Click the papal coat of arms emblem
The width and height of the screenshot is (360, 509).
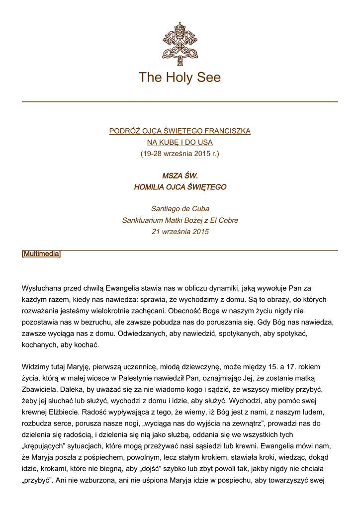[x=180, y=43]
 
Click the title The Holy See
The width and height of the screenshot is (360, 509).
[x=180, y=78]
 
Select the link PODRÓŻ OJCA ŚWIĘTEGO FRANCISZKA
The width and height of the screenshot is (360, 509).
[x=180, y=131]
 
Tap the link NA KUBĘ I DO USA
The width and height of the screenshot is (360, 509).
[x=180, y=142]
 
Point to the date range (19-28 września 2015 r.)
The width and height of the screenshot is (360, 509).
[x=180, y=154]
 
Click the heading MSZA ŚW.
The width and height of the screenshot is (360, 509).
[x=180, y=176]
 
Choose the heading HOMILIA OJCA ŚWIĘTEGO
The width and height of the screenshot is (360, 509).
[x=180, y=187]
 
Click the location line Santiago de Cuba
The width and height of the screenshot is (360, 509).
[x=180, y=209]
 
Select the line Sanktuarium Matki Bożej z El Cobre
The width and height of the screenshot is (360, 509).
[x=180, y=220]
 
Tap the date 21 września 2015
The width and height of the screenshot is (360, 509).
[x=180, y=232]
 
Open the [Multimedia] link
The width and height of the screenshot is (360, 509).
[x=41, y=254]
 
